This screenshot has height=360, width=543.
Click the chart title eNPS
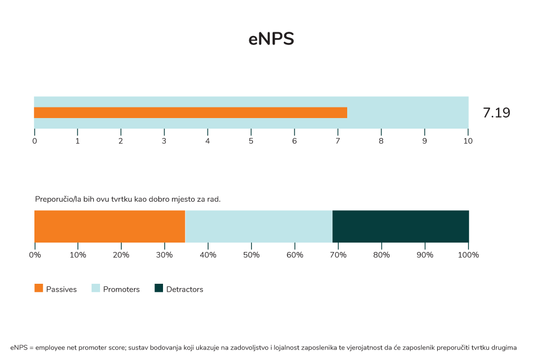[271, 40]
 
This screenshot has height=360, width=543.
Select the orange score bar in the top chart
[191, 112]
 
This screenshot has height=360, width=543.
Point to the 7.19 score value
[496, 113]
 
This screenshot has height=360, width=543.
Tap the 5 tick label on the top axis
[251, 141]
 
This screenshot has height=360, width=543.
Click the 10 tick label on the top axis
[468, 141]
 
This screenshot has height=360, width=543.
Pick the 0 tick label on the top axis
[34, 141]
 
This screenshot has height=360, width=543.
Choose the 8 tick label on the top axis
[381, 141]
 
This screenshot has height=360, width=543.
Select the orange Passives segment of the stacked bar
[110, 226]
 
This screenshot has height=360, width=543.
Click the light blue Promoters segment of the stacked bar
[259, 226]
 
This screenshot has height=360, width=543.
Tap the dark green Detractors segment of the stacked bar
[401, 226]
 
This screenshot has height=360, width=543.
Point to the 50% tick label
[251, 255]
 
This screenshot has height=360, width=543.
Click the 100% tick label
[468, 255]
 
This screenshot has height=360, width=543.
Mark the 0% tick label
[34, 255]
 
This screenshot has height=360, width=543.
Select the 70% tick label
[338, 255]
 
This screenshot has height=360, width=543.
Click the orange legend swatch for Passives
[39, 289]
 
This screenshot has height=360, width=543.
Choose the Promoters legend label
[121, 290]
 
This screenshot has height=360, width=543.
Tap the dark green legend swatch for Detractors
[159, 289]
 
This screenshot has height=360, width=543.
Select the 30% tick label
[165, 255]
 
